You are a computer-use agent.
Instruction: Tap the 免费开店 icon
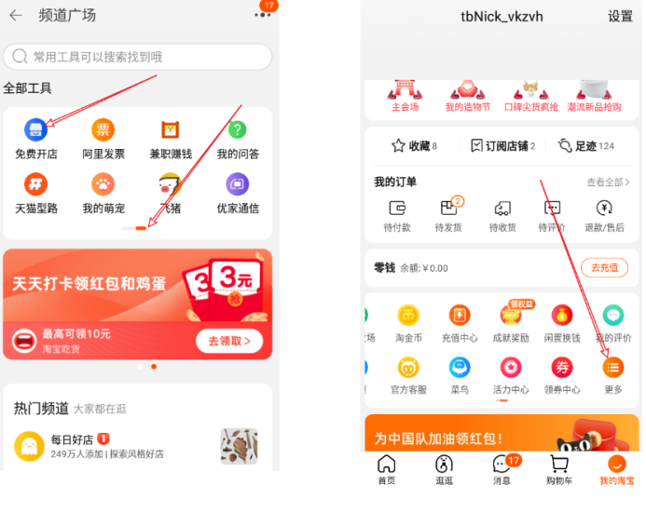(x=35, y=130)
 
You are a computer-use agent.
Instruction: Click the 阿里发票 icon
(x=103, y=130)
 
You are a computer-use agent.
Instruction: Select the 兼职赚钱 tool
(x=170, y=130)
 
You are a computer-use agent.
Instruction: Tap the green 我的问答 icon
(x=238, y=130)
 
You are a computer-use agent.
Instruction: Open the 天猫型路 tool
(x=35, y=183)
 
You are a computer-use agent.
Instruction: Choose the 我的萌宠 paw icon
(x=103, y=183)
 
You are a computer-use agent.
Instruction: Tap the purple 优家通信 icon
(x=238, y=183)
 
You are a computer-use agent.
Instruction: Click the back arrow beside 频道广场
(x=15, y=15)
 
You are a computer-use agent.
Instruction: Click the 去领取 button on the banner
(x=228, y=341)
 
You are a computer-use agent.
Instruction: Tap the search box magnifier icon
(x=20, y=57)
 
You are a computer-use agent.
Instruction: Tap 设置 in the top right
(x=620, y=17)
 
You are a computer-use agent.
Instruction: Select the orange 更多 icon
(x=612, y=368)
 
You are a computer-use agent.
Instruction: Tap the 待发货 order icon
(x=450, y=209)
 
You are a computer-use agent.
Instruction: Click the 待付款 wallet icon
(x=398, y=209)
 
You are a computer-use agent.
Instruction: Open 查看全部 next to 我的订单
(x=606, y=182)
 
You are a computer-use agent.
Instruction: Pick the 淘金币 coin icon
(x=408, y=316)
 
